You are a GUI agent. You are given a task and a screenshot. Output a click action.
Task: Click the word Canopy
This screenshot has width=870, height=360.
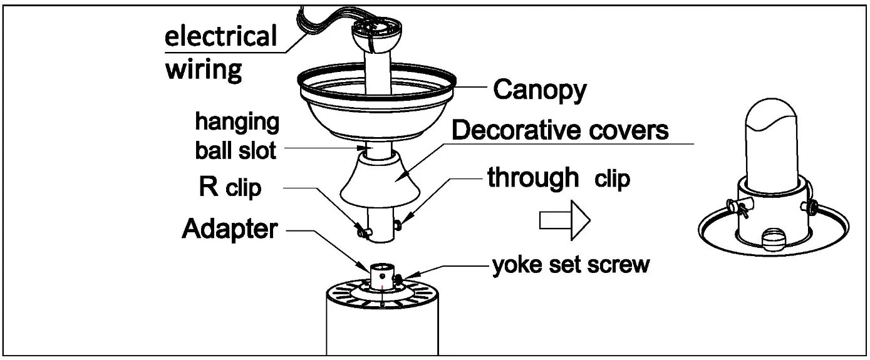[x=539, y=90]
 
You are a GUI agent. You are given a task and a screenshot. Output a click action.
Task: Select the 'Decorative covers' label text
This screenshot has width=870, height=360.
[x=559, y=131]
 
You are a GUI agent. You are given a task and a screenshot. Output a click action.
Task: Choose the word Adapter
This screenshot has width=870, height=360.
[x=229, y=229]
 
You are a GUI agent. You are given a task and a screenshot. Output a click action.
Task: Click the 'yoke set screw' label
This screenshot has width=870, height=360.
[x=571, y=265]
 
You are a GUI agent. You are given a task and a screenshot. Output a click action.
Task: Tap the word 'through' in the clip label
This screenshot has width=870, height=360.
[x=533, y=178]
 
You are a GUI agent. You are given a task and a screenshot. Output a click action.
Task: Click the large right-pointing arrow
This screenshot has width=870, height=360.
[x=564, y=220]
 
